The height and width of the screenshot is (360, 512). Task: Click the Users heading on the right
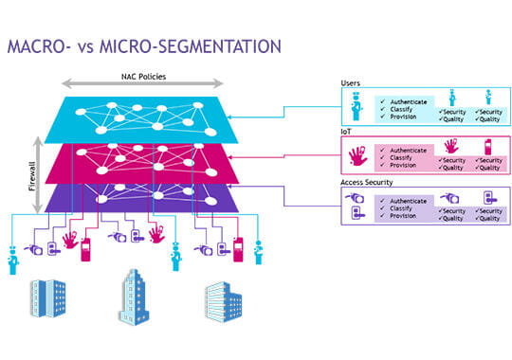350,83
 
